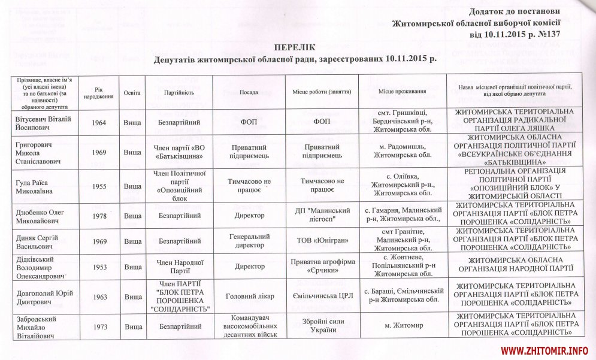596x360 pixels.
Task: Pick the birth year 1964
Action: tap(99, 123)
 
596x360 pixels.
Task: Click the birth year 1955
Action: tap(99, 186)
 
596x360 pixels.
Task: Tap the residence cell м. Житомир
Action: tap(403, 325)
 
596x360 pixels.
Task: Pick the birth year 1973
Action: tap(99, 325)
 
